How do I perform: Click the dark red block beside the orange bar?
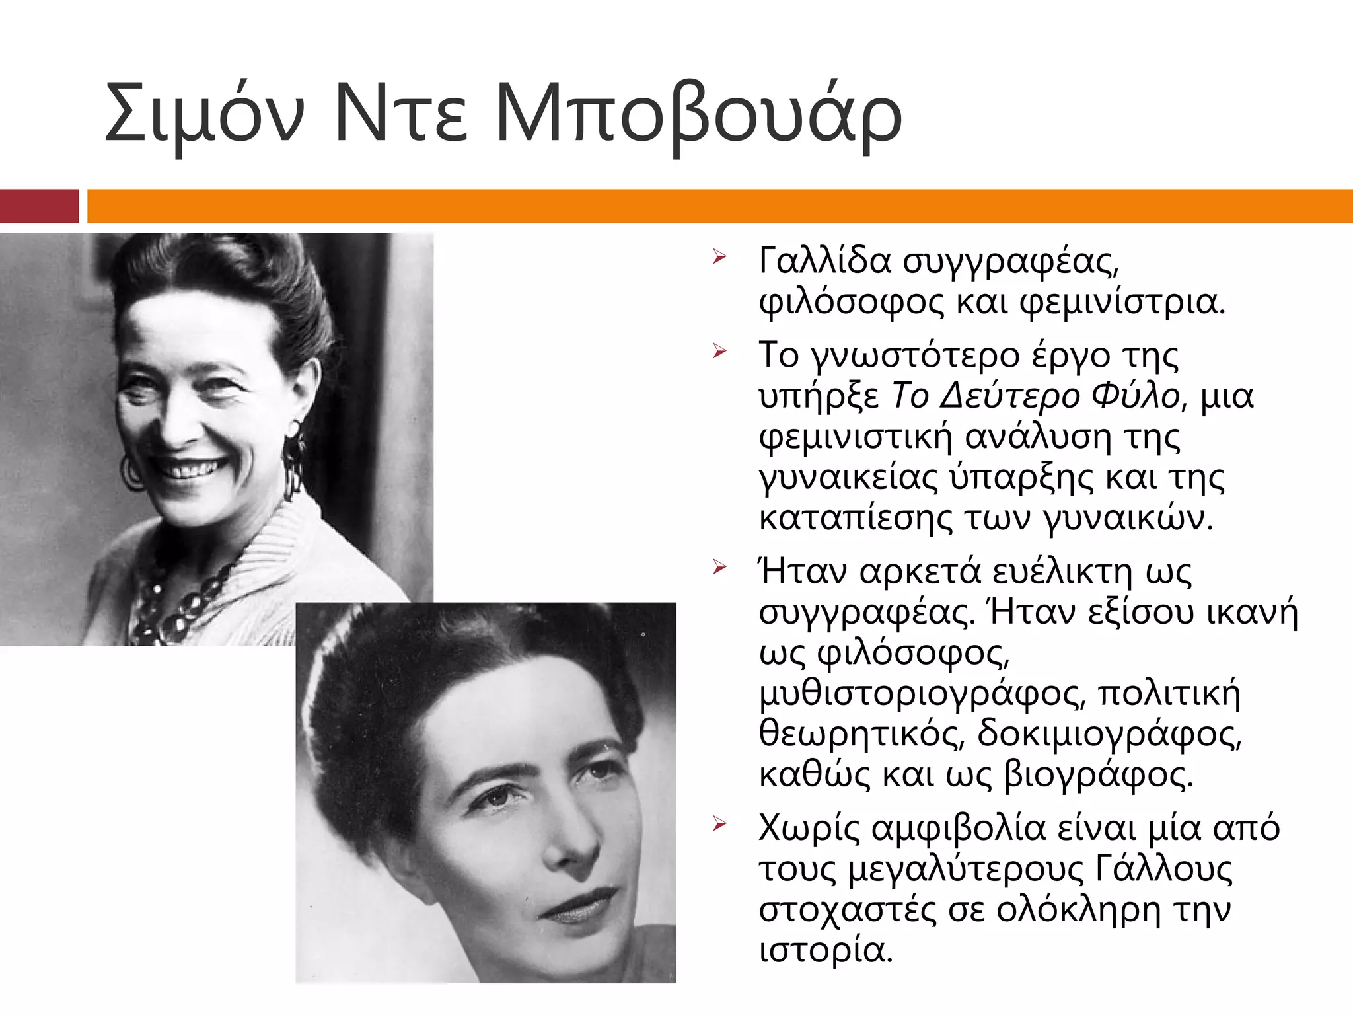39,206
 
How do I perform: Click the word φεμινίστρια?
1123,302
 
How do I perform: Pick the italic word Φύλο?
1135,396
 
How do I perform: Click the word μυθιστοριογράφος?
922,694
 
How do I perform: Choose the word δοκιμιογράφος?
1110,734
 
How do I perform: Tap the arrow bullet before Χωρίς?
719,825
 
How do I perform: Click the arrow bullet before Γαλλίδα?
719,257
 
